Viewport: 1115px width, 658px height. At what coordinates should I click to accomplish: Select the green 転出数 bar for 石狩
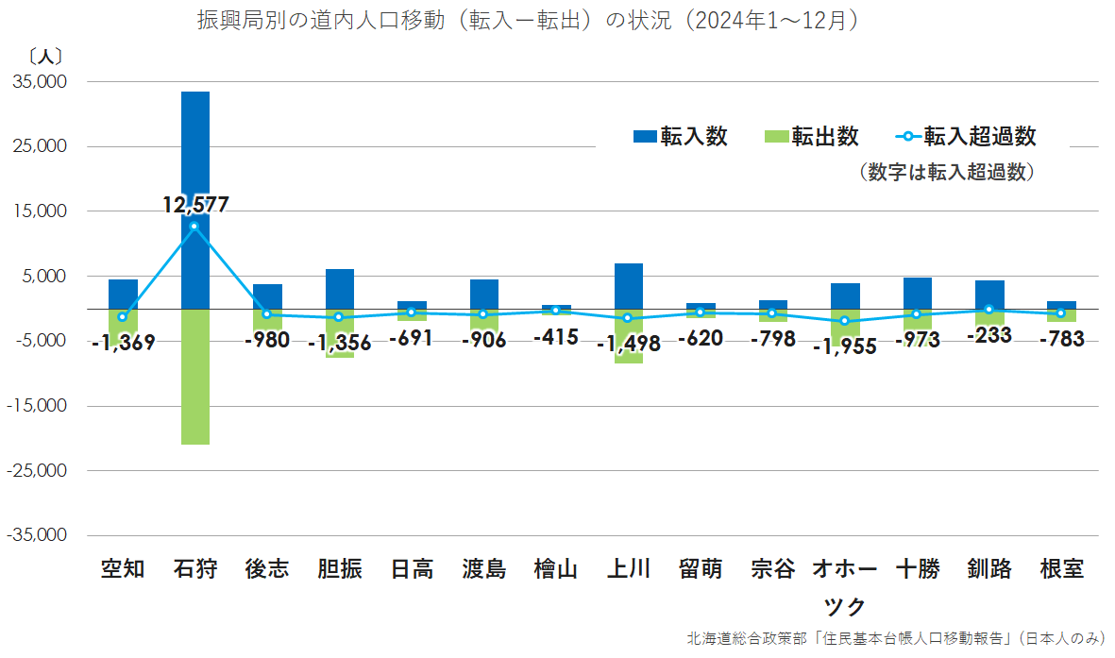pos(195,378)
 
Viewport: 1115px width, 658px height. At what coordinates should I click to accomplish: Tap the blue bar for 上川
pos(628,286)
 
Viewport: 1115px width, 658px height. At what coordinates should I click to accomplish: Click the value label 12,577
pos(195,205)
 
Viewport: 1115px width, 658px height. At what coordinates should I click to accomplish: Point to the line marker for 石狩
pos(194,227)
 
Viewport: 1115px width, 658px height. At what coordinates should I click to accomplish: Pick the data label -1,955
pos(844,346)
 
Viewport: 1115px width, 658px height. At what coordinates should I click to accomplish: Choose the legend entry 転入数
pos(681,137)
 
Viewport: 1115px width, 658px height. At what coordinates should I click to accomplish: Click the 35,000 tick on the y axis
pos(40,82)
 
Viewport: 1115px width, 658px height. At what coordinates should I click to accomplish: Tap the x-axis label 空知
pos(123,569)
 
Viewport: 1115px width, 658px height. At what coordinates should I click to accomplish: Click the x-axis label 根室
pos(1061,569)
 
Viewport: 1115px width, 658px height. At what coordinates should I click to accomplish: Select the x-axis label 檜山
pos(555,569)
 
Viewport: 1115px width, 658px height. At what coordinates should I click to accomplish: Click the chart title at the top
pos(529,21)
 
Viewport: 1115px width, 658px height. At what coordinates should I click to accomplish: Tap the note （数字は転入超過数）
pos(948,172)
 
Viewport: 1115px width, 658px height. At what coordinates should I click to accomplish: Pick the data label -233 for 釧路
pos(988,334)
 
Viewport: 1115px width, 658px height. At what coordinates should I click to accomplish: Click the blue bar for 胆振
pos(340,289)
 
